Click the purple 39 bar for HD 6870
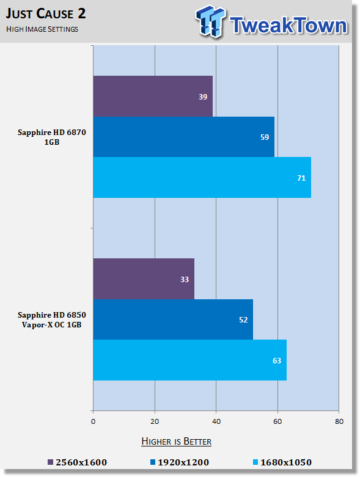click(153, 96)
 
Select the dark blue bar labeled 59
click(184, 137)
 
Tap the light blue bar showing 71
click(202, 177)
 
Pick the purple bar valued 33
click(144, 279)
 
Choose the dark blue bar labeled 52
click(173, 319)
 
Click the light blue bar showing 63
click(190, 360)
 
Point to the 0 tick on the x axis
click(93, 421)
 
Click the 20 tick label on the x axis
click(155, 421)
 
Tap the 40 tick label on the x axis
click(216, 421)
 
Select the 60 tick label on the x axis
click(277, 421)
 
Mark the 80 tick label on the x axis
click(339, 421)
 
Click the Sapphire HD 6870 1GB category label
click(52, 137)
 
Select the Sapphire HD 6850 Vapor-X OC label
click(52, 319)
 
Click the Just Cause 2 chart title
click(46, 13)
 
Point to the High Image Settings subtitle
click(42, 29)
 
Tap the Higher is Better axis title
click(176, 442)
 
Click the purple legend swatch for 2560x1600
click(51, 462)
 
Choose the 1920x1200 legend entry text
click(183, 462)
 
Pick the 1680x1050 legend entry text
click(286, 462)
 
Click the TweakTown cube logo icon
click(211, 21)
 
